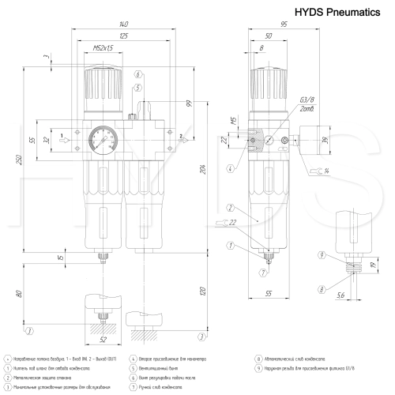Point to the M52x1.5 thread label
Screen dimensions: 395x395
[x=102, y=49]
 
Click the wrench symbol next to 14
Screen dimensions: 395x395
[x=316, y=170]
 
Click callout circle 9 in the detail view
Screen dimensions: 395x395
[x=322, y=254]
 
